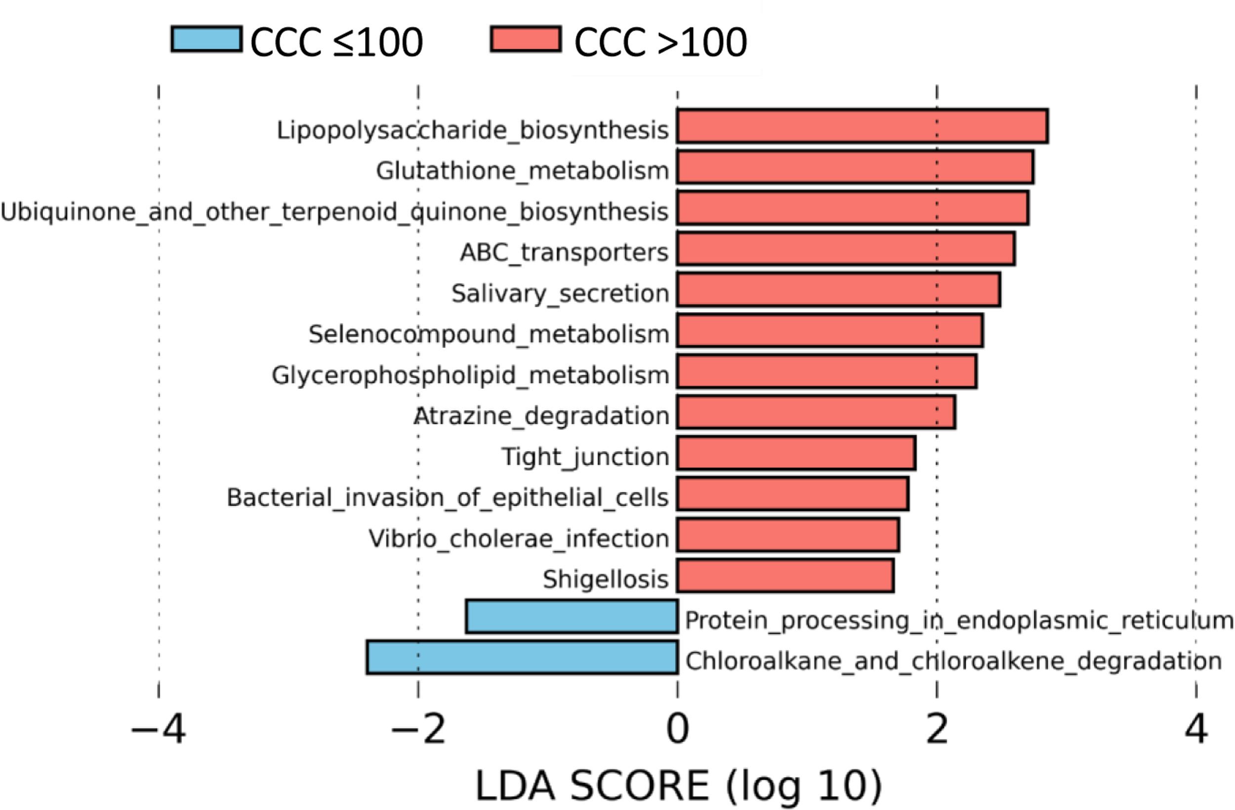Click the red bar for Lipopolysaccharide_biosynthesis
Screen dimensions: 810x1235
coord(862,126)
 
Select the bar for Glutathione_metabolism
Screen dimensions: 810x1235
coord(855,167)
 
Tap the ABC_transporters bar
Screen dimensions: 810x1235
coord(845,249)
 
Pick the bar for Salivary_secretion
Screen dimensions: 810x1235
coord(838,290)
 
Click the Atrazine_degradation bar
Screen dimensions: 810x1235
coord(816,412)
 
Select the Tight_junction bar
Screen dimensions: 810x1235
coord(796,453)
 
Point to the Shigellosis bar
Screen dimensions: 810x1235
coord(785,576)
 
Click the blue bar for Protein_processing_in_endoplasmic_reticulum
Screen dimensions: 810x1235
coord(572,617)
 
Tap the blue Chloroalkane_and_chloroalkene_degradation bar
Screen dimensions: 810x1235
coord(522,657)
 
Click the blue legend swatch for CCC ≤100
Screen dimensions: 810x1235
coord(206,39)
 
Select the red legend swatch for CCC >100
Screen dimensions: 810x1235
coord(526,39)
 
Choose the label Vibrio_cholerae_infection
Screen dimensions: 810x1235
coord(518,538)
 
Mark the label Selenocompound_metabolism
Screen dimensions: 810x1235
coord(488,334)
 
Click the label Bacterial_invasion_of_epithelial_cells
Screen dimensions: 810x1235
coord(447,498)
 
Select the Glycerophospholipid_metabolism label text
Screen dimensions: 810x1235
coord(470,375)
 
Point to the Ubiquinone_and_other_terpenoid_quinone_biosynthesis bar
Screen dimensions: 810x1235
coord(853,208)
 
